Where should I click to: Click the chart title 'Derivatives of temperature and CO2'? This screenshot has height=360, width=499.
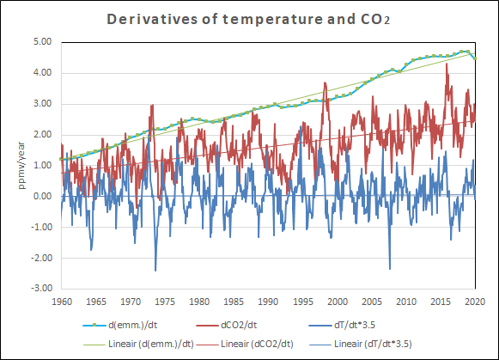(248, 19)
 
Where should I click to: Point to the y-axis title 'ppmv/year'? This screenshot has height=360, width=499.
(21, 166)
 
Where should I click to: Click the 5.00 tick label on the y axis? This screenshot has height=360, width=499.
(43, 42)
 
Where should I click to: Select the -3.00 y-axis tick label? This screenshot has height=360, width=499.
(41, 288)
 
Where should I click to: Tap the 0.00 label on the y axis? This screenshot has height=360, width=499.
(43, 196)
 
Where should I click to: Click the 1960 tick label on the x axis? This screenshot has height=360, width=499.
(62, 302)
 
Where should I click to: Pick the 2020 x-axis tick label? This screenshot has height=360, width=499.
(475, 302)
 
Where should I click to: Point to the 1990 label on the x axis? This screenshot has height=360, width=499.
(268, 302)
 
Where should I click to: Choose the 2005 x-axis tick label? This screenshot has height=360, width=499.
(372, 302)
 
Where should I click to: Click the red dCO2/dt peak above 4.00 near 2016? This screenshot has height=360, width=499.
(447, 64)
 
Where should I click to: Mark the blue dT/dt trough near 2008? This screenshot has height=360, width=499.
(390, 268)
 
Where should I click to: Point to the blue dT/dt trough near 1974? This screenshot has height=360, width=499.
(155, 270)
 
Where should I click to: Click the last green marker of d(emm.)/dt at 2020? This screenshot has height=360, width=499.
(475, 58)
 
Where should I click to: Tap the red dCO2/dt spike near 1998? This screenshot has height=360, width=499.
(325, 83)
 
